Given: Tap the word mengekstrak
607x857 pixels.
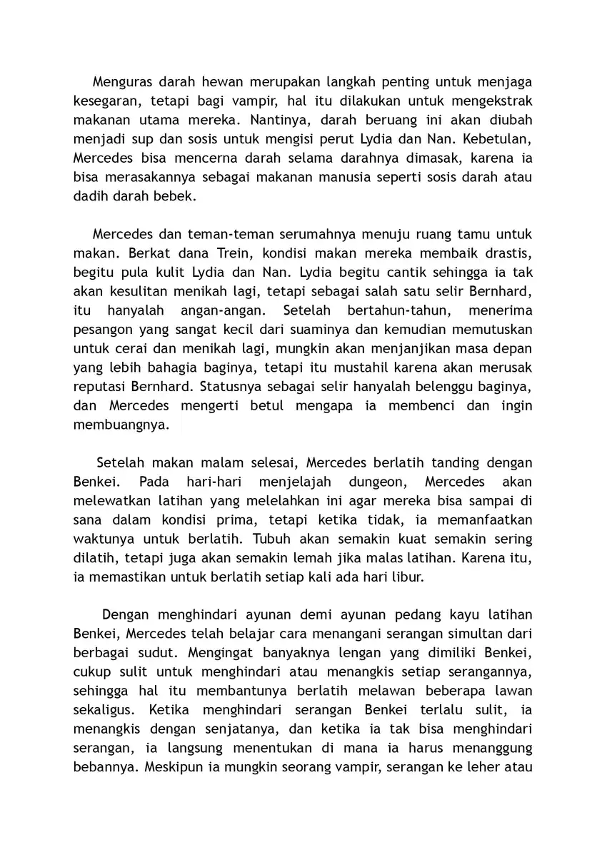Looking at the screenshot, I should tap(488, 101).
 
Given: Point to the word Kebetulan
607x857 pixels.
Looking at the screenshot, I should tap(497, 139).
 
